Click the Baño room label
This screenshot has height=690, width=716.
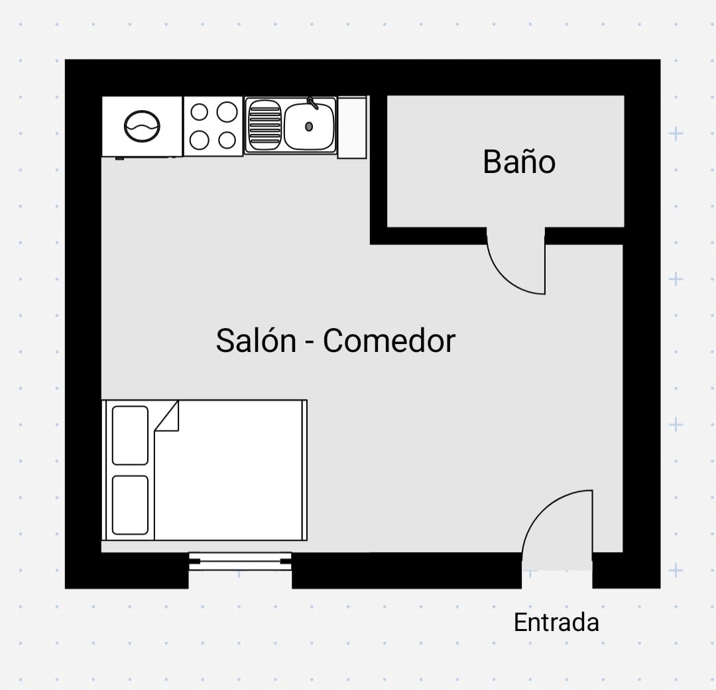click(x=519, y=162)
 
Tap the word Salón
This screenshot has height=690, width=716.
click(x=256, y=341)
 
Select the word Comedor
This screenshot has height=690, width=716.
click(x=389, y=341)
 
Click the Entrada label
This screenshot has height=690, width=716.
click(x=556, y=622)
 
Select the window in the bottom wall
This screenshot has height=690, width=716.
click(x=240, y=561)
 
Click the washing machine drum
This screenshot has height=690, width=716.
click(x=143, y=127)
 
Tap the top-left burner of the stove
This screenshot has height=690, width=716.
click(x=200, y=112)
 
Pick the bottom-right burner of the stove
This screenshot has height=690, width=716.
click(x=227, y=140)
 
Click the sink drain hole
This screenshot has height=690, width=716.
click(x=309, y=126)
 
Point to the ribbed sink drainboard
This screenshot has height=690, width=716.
click(x=265, y=125)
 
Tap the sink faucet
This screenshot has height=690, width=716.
click(x=311, y=103)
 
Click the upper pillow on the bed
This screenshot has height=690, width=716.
click(x=130, y=435)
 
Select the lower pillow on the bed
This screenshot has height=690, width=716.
click(x=130, y=504)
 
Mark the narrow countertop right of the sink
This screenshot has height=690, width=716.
click(x=352, y=127)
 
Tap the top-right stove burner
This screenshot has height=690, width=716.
click(x=227, y=112)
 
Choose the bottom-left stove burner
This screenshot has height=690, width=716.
click(x=200, y=140)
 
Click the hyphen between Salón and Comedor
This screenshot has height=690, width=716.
click(x=310, y=343)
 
